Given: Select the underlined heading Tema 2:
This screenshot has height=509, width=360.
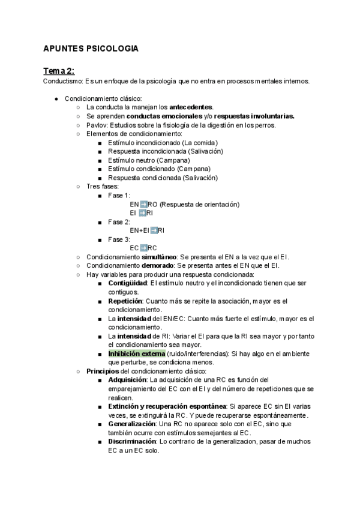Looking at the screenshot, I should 59,70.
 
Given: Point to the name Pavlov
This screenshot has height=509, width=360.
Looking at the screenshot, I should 96,125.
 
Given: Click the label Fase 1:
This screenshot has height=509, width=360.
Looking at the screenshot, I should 119,195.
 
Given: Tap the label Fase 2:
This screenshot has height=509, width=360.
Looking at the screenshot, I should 119,221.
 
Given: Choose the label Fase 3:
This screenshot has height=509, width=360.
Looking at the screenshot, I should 119,239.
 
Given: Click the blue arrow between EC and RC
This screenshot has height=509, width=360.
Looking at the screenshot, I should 143,248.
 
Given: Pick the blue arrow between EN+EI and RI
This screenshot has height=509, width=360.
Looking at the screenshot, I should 154,230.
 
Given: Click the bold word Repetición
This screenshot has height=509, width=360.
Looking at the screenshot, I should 125,301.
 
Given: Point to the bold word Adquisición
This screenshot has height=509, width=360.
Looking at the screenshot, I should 127,380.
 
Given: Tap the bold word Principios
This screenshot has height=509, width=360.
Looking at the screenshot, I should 103,372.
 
